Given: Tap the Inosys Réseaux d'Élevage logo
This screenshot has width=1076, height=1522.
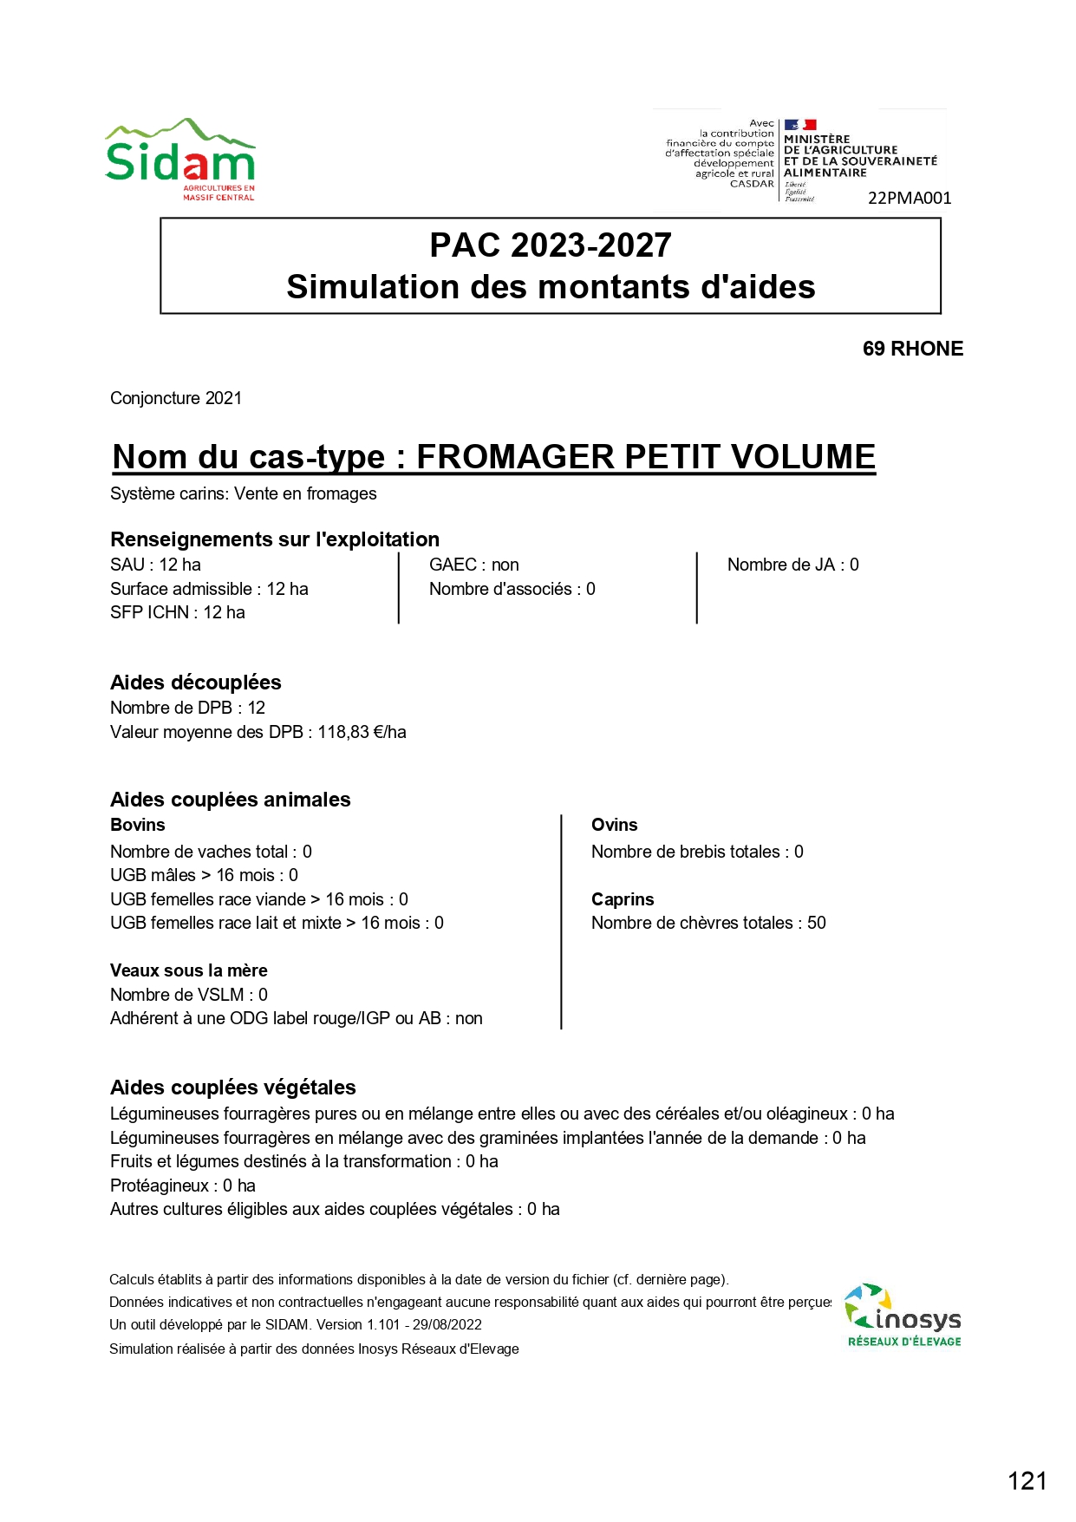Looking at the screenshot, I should click(x=903, y=1316).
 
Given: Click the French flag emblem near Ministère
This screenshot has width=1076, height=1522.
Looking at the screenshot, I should click(x=799, y=125).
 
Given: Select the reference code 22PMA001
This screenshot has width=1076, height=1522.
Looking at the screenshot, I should click(x=909, y=198).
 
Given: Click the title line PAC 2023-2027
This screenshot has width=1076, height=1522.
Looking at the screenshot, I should click(x=551, y=245).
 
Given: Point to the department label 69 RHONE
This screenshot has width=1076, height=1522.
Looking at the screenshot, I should click(x=912, y=349).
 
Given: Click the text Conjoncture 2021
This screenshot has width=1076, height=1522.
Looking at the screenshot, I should click(x=176, y=398).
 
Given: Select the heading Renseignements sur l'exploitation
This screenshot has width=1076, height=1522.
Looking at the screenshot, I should click(x=275, y=539).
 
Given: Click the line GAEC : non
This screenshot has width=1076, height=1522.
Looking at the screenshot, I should click(x=474, y=565).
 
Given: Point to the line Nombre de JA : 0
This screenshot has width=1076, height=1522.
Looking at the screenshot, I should click(x=792, y=565).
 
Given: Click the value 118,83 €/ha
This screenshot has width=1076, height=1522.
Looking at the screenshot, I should click(x=362, y=732).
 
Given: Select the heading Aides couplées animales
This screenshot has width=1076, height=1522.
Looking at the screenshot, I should click(x=231, y=800).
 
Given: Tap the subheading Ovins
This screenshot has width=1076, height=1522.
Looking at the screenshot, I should click(x=614, y=825).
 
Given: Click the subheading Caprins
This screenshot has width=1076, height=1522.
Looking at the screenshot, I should click(x=623, y=899).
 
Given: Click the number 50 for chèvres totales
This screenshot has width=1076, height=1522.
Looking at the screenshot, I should click(x=816, y=923).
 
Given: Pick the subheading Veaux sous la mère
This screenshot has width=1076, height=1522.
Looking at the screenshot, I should click(x=189, y=970).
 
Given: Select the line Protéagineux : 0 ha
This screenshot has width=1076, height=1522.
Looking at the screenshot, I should click(x=183, y=1186).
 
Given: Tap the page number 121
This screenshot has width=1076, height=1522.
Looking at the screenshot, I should click(x=1027, y=1480).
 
